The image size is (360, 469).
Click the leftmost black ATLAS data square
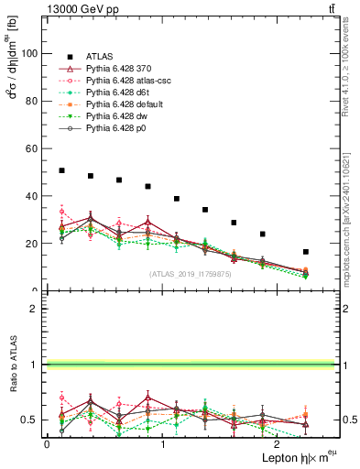point(61,170)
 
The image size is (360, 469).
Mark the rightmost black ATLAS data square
point(306,252)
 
